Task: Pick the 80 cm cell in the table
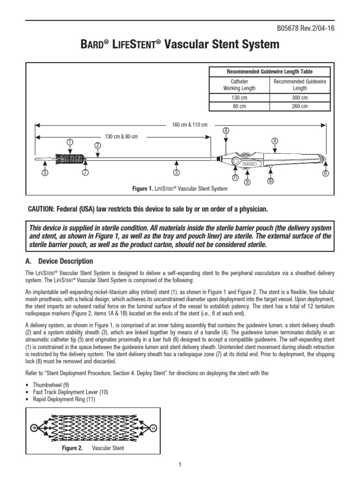tap(240, 106)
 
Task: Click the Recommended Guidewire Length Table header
tap(270, 72)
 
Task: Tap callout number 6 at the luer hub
tap(325, 173)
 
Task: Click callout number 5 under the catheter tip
tap(45, 173)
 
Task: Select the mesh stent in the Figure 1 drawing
tap(70, 159)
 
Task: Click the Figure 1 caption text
tap(180, 189)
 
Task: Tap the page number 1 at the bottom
tap(180, 465)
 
